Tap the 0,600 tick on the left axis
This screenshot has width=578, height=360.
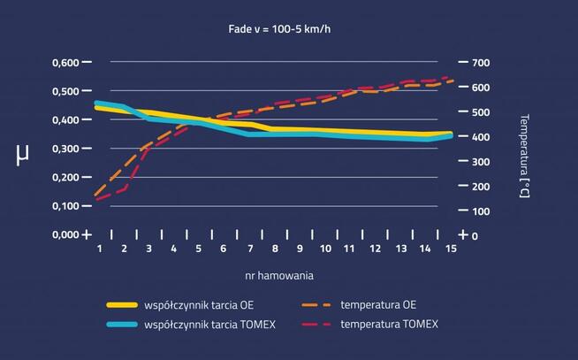point(68,63)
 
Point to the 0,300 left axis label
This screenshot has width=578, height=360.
point(68,149)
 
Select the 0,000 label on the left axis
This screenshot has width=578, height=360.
point(68,234)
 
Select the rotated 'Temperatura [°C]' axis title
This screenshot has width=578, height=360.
point(524,156)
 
